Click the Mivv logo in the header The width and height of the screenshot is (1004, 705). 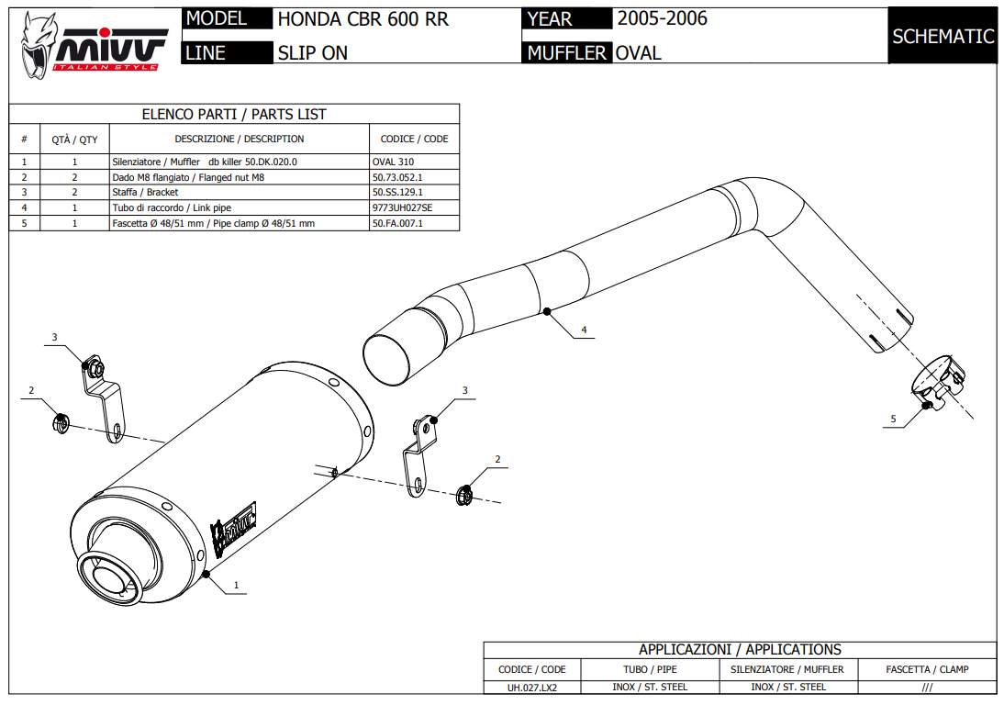(x=92, y=42)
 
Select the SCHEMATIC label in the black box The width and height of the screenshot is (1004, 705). (x=943, y=37)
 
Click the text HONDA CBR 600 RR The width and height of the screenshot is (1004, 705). (x=363, y=19)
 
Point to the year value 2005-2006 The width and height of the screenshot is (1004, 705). (x=662, y=18)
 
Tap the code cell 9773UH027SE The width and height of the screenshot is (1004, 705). (x=402, y=207)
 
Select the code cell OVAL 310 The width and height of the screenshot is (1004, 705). (x=393, y=162)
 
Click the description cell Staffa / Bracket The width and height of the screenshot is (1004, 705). (x=145, y=193)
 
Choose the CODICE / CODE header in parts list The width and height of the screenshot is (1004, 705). (x=414, y=140)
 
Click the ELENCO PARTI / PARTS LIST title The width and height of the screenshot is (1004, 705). (x=234, y=115)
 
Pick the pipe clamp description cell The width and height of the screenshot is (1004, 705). (x=213, y=223)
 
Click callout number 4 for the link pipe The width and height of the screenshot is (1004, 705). (x=584, y=329)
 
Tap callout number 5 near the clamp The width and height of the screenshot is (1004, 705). (x=893, y=419)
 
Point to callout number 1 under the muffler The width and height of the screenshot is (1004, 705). (x=236, y=585)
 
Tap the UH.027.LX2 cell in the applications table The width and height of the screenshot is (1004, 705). (x=532, y=687)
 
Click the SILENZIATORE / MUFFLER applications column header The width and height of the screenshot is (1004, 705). (x=786, y=669)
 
